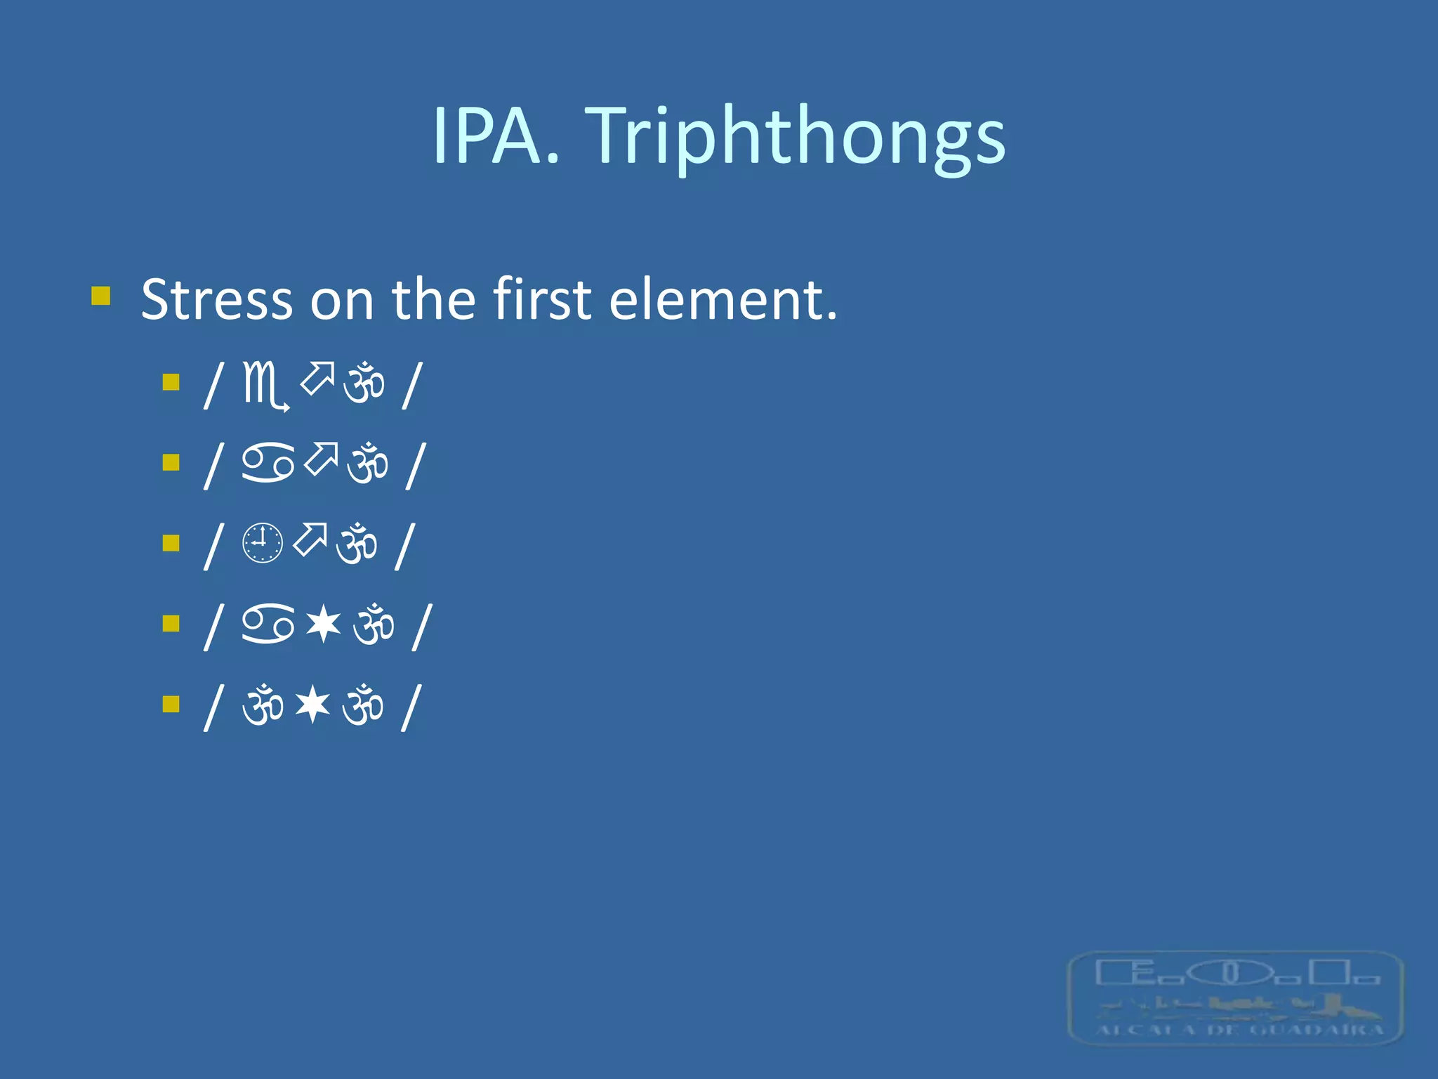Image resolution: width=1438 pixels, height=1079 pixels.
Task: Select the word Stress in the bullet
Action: (x=216, y=300)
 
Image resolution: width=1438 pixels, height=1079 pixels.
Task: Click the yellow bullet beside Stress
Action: (x=101, y=295)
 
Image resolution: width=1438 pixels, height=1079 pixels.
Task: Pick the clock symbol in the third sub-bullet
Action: (x=263, y=544)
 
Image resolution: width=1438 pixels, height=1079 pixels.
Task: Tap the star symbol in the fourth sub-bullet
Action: (x=324, y=624)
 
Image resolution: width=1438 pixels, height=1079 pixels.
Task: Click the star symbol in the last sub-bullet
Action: (x=312, y=704)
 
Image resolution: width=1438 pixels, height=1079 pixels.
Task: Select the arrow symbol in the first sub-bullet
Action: (x=317, y=379)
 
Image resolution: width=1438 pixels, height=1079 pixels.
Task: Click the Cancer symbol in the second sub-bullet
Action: (x=268, y=464)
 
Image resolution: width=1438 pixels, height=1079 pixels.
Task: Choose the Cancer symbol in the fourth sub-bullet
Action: (x=268, y=624)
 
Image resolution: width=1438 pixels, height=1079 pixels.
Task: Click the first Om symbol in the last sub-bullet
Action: (x=263, y=704)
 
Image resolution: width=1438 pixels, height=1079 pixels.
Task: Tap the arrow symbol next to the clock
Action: (x=310, y=540)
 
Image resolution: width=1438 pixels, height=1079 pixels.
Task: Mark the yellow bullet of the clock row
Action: (x=171, y=543)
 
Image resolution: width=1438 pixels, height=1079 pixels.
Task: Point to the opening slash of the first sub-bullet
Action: (x=213, y=385)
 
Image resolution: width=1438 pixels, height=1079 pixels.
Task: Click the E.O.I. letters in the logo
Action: (x=1236, y=973)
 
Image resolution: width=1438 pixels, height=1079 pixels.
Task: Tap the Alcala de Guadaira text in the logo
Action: (x=1239, y=1031)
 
